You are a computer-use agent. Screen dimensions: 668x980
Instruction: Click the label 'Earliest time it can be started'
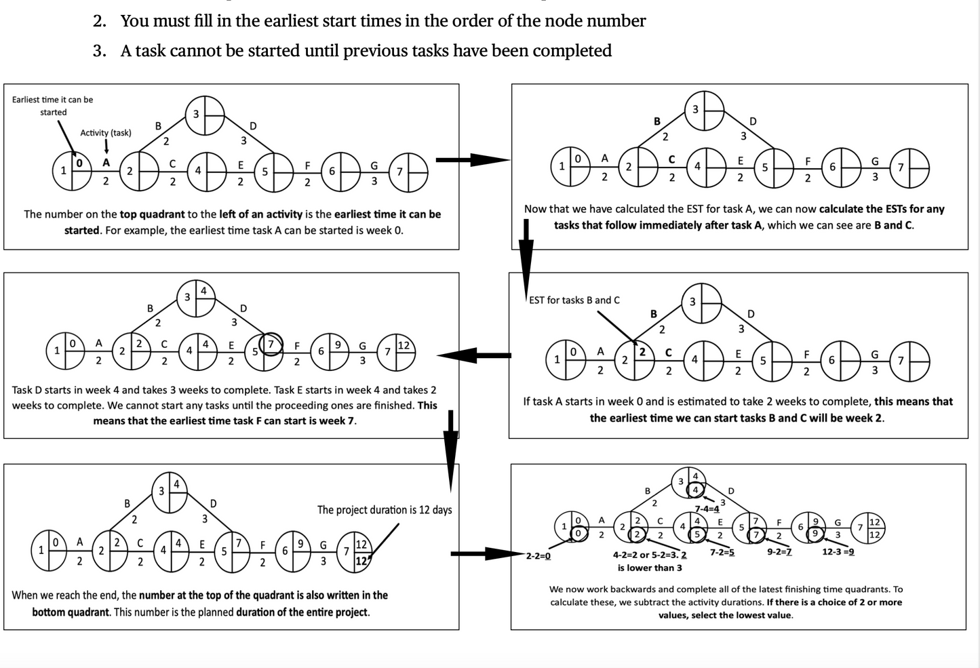(x=52, y=106)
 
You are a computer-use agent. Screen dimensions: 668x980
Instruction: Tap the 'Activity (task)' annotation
(x=106, y=133)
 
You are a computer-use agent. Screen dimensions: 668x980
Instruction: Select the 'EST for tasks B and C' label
(x=574, y=300)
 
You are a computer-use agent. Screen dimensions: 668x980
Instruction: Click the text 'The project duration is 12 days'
(x=384, y=510)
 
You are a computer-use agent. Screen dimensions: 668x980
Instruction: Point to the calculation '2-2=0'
(x=538, y=556)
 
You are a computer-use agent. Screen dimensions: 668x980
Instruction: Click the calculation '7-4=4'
(x=707, y=509)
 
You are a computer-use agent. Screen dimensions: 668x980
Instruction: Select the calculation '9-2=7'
(x=779, y=552)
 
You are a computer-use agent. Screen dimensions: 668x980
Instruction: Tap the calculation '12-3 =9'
(x=838, y=552)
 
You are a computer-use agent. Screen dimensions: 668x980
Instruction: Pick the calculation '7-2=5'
(x=722, y=552)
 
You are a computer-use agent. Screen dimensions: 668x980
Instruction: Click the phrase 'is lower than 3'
(x=649, y=568)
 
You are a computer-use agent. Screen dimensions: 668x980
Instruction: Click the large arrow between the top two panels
(x=473, y=160)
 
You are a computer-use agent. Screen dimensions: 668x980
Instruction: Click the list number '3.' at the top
(x=100, y=51)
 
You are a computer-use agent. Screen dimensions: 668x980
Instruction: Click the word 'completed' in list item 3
(x=573, y=51)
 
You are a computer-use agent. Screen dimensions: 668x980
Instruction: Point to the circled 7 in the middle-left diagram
(x=271, y=345)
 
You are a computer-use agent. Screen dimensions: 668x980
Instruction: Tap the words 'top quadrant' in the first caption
(x=152, y=214)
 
